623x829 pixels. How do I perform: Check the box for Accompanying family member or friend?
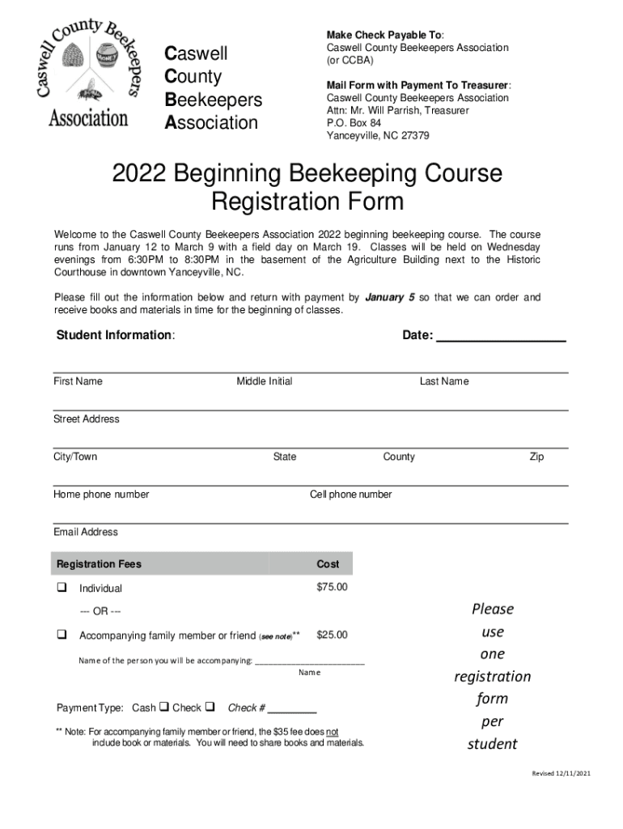pos(61,636)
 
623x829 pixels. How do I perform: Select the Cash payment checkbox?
pos(164,707)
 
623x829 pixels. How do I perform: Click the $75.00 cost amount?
pos(332,587)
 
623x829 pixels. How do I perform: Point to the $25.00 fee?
pos(332,636)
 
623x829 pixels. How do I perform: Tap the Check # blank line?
pos(292,709)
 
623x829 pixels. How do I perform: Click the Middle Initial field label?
pos(265,381)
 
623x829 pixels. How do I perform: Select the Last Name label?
pos(443,381)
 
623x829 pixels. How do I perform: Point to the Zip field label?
pos(536,457)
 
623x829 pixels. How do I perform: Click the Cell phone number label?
pos(350,495)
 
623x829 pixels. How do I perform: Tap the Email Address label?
pos(86,532)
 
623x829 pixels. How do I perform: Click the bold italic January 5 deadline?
pos(390,297)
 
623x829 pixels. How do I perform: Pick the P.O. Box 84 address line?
pos(354,123)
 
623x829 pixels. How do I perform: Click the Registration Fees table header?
pos(99,564)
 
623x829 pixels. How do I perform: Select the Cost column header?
pos(328,564)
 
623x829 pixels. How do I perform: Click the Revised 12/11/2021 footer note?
pos(561,773)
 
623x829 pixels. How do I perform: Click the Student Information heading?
pos(114,336)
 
